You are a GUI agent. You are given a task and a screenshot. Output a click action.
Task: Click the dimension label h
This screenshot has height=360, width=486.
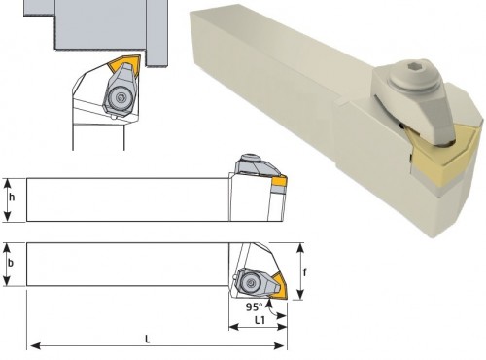point(12,197)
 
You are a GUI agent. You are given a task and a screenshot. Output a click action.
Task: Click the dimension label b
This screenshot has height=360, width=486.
point(11,263)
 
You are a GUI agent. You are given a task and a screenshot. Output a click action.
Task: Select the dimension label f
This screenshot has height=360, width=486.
point(304,272)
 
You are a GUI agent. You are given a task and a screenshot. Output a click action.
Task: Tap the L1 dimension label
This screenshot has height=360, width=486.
point(260,320)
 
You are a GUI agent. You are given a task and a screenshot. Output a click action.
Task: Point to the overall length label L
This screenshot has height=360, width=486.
point(148,340)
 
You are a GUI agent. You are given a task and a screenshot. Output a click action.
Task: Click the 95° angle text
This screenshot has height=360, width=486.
point(254,306)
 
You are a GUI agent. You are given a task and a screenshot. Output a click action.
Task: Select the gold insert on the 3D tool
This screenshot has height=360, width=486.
point(444,156)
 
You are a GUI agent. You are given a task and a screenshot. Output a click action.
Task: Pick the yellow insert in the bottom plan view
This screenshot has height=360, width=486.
point(279,286)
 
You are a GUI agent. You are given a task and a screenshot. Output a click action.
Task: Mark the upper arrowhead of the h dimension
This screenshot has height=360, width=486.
point(8,183)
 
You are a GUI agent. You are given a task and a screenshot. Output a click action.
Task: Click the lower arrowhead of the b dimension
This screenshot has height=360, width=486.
point(7,281)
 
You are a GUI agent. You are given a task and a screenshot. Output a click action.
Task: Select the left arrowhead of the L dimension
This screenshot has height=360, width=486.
point(35,345)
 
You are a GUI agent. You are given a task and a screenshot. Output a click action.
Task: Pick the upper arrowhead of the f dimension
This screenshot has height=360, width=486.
point(300,248)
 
